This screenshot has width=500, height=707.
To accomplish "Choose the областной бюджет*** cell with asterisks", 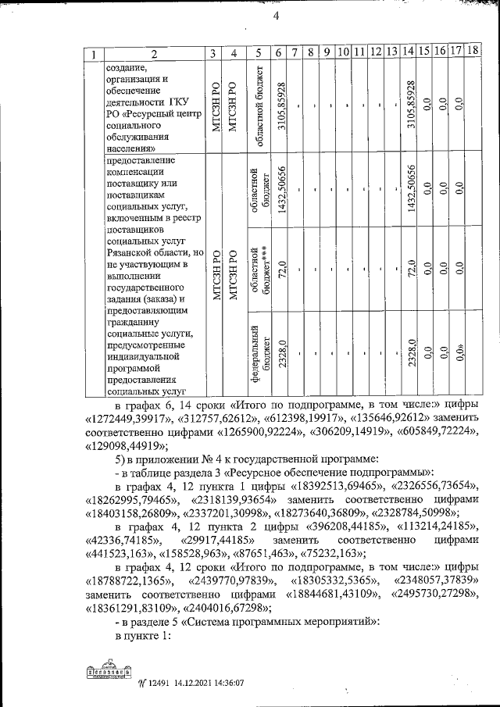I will click(x=259, y=270).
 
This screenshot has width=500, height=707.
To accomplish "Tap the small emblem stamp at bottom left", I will click(x=107, y=673).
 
